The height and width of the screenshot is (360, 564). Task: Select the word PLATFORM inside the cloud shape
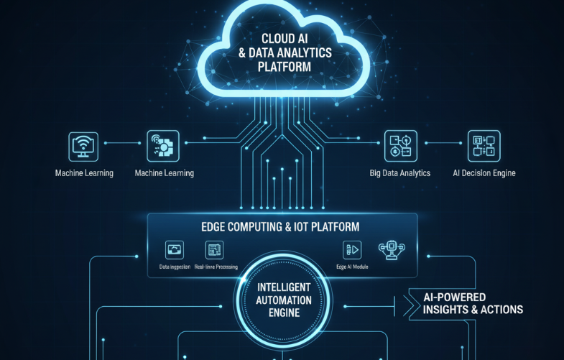pyautogui.click(x=285, y=67)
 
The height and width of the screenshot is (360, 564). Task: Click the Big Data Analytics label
pyautogui.click(x=399, y=173)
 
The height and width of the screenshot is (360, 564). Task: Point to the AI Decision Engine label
pyautogui.click(x=484, y=173)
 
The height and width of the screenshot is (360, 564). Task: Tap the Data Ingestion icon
pyautogui.click(x=175, y=249)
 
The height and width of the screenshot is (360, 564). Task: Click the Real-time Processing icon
pyautogui.click(x=214, y=249)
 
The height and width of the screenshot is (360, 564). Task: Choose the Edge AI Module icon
pyautogui.click(x=352, y=249)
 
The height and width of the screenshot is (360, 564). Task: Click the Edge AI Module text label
pyautogui.click(x=353, y=267)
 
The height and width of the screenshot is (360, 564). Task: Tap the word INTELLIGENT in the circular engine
pyautogui.click(x=282, y=287)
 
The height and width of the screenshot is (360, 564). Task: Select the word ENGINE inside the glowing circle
pyautogui.click(x=282, y=313)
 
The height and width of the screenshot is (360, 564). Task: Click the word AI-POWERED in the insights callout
pyautogui.click(x=455, y=297)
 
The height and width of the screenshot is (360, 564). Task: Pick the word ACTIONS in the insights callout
pyautogui.click(x=499, y=310)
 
